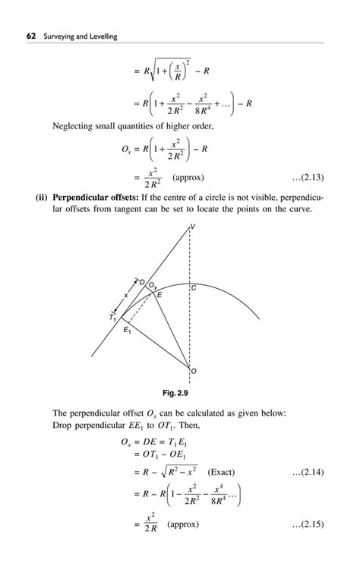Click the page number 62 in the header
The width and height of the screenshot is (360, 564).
click(x=31, y=36)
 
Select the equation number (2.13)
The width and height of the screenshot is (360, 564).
click(x=308, y=178)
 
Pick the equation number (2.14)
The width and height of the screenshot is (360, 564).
click(x=308, y=471)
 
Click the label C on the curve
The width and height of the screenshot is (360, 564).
click(x=194, y=290)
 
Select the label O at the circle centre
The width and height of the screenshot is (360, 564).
click(x=193, y=372)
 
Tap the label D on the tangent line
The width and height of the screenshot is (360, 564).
click(x=141, y=280)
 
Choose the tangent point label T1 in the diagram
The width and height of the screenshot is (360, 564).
click(x=112, y=318)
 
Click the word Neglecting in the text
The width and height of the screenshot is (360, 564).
click(x=74, y=125)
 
